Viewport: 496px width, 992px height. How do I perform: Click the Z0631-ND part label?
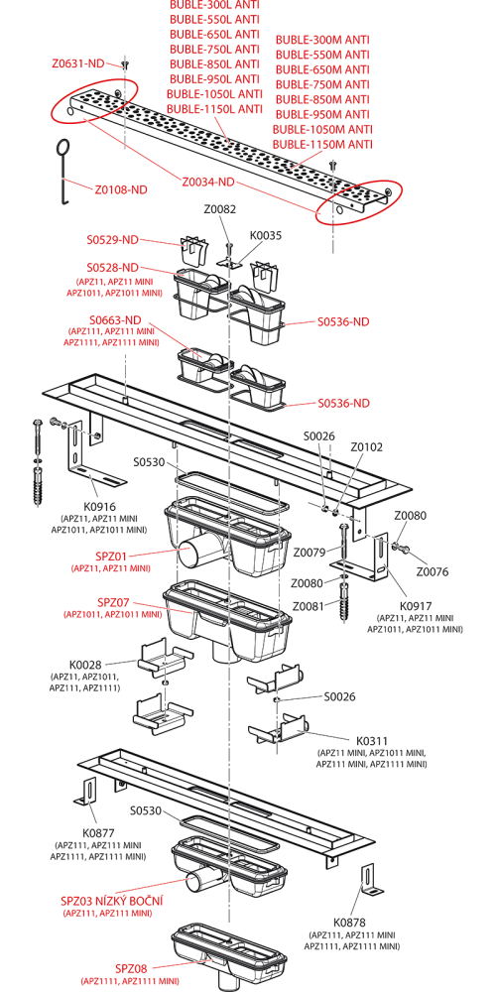tap(77, 63)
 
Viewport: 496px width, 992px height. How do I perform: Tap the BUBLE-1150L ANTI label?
tap(214, 109)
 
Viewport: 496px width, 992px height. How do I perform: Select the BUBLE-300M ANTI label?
tap(322, 40)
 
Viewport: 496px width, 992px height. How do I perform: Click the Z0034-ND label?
tap(208, 183)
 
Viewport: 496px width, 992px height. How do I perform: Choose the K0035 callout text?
tap(267, 235)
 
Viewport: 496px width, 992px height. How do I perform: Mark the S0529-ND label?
tap(113, 240)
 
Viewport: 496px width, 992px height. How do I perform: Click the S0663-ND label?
tap(114, 319)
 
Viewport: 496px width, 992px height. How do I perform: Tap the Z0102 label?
tap(366, 446)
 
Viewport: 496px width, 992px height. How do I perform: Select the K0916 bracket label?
tap(99, 506)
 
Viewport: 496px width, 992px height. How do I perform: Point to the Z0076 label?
tap(433, 572)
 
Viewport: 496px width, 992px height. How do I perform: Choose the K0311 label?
tap(371, 740)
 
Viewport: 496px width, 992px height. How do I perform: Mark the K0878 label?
tap(350, 923)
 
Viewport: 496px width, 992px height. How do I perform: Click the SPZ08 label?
tap(131, 968)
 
